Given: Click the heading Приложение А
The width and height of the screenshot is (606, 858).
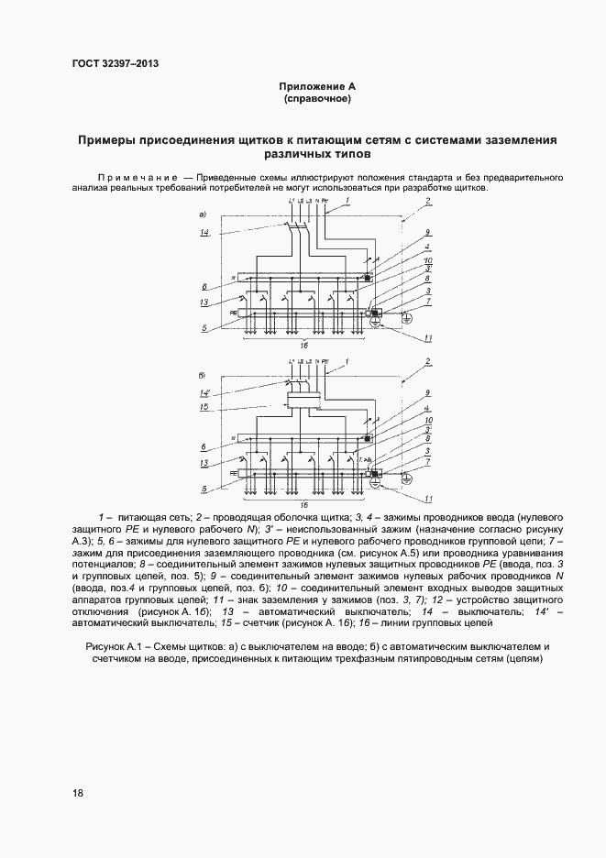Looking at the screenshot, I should pyautogui.click(x=317, y=85).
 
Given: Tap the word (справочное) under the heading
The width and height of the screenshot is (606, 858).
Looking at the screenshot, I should pyautogui.click(x=317, y=97).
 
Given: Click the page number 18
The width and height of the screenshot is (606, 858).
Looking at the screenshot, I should pyautogui.click(x=77, y=793).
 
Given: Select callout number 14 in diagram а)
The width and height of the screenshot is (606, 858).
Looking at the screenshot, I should pyautogui.click(x=205, y=234).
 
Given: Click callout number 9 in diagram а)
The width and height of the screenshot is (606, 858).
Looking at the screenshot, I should pyautogui.click(x=427, y=233).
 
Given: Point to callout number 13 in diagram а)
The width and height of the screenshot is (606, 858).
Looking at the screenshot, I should pyautogui.click(x=205, y=302).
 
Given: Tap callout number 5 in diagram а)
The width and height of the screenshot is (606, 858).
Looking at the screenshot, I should pyautogui.click(x=205, y=327).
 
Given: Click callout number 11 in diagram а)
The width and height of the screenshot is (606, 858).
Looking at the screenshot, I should pyautogui.click(x=427, y=338).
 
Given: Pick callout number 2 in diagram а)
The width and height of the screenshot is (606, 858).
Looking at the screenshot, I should pyautogui.click(x=427, y=201).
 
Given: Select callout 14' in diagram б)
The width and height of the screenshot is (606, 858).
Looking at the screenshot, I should pyautogui.click(x=205, y=393).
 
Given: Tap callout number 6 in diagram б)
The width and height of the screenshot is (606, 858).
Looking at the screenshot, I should pyautogui.click(x=205, y=446).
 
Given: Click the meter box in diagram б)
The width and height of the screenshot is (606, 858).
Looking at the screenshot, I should pyautogui.click(x=303, y=400).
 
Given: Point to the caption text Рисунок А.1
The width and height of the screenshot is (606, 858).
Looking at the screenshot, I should pyautogui.click(x=118, y=647).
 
